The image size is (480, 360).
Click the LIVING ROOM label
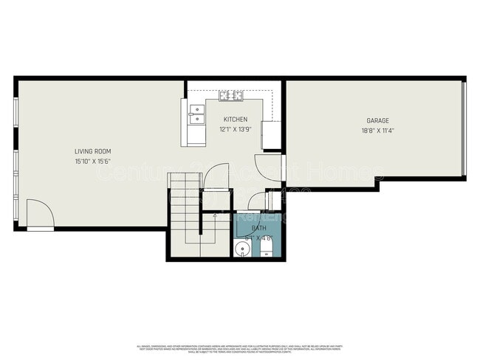93,151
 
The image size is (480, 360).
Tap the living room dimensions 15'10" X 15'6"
93,161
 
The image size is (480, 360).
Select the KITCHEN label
236,120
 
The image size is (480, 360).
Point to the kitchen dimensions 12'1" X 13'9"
236,129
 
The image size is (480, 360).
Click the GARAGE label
377,120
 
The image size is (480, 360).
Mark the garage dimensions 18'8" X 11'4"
377,131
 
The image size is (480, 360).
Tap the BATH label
259,229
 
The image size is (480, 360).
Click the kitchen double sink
196,112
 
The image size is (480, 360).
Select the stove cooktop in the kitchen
231,95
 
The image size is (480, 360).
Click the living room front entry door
39,215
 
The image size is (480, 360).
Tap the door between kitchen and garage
268,167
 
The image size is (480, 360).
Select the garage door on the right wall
464,129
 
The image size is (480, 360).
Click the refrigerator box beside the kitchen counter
271,135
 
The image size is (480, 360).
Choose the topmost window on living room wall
16,111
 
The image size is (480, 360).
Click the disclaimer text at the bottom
240,348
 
